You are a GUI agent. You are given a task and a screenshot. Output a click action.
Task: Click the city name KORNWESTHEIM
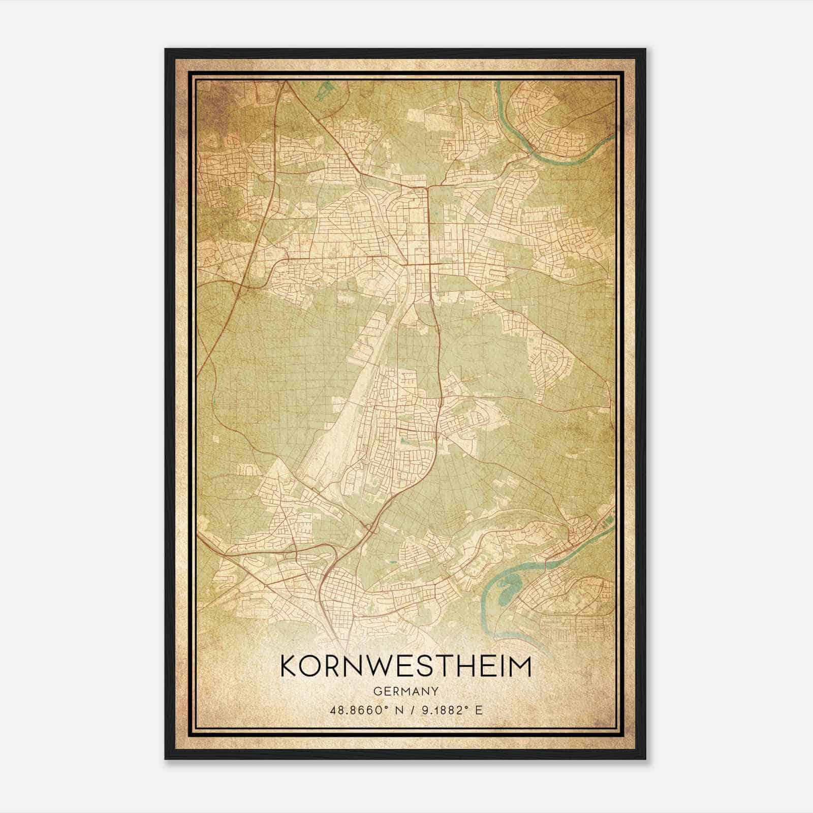tap(405, 667)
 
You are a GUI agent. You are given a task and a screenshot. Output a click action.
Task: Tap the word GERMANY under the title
tap(405, 691)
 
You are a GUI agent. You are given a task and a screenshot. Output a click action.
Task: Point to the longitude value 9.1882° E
tap(450, 710)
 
